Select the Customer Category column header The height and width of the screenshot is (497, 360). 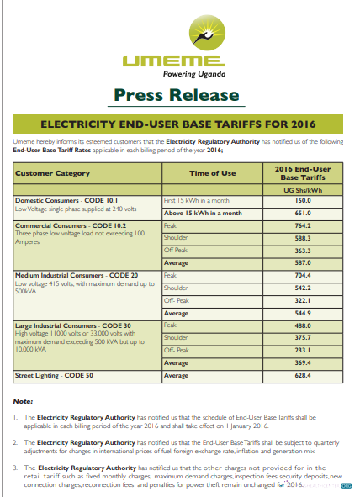click(x=52, y=173)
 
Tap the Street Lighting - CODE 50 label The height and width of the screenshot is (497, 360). click(x=53, y=375)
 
